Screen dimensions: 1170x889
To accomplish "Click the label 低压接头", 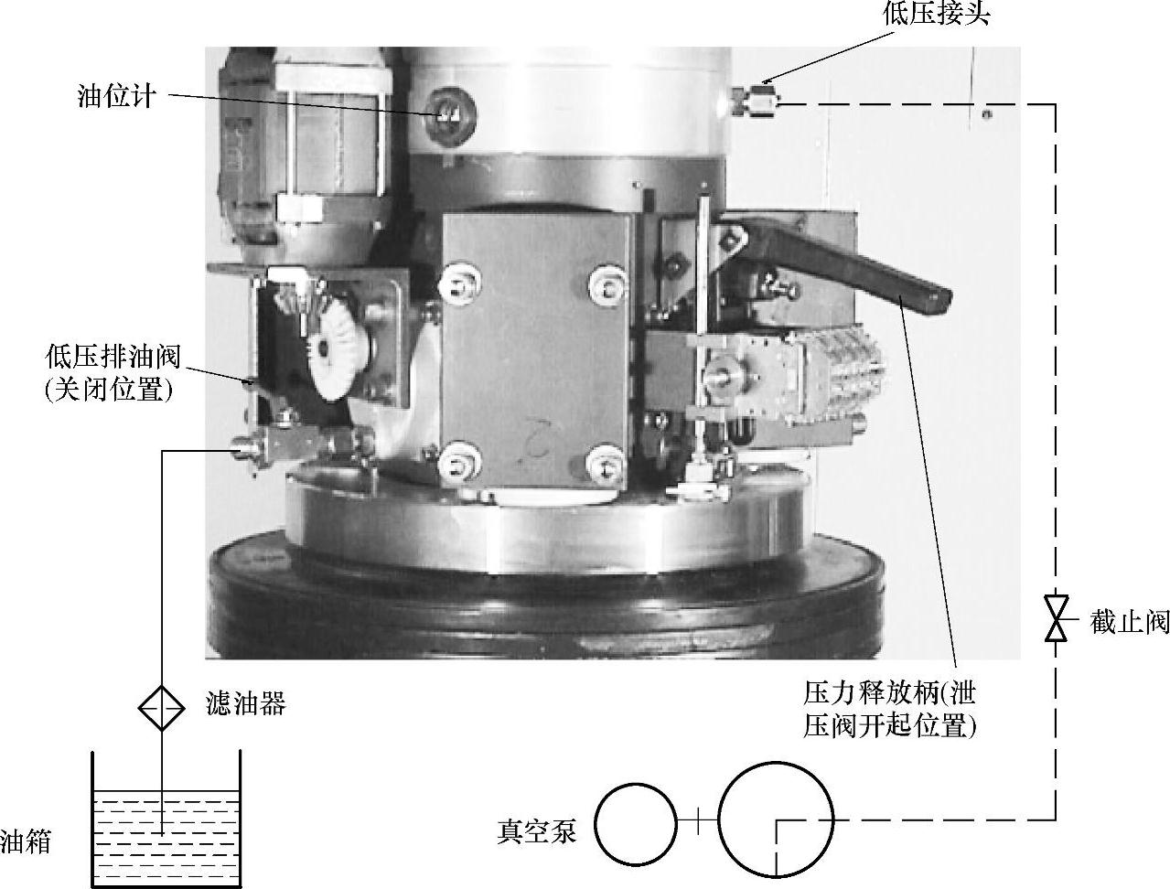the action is point(937,14).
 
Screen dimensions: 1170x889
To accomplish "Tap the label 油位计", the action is point(117,96).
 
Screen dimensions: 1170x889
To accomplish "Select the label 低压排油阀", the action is point(113,356).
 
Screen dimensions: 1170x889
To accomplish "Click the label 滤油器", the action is point(246,704).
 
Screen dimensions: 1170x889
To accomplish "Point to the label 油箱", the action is point(26,842).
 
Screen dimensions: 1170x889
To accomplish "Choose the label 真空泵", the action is point(537,830).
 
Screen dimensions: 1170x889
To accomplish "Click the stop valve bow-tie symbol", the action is point(1056,617).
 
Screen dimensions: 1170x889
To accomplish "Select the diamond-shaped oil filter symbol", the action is point(162,708).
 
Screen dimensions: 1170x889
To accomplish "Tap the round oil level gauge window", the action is point(448,114).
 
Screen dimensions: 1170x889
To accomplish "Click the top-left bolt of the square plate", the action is point(459,284).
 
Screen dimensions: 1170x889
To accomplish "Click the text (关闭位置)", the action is point(109,391).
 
